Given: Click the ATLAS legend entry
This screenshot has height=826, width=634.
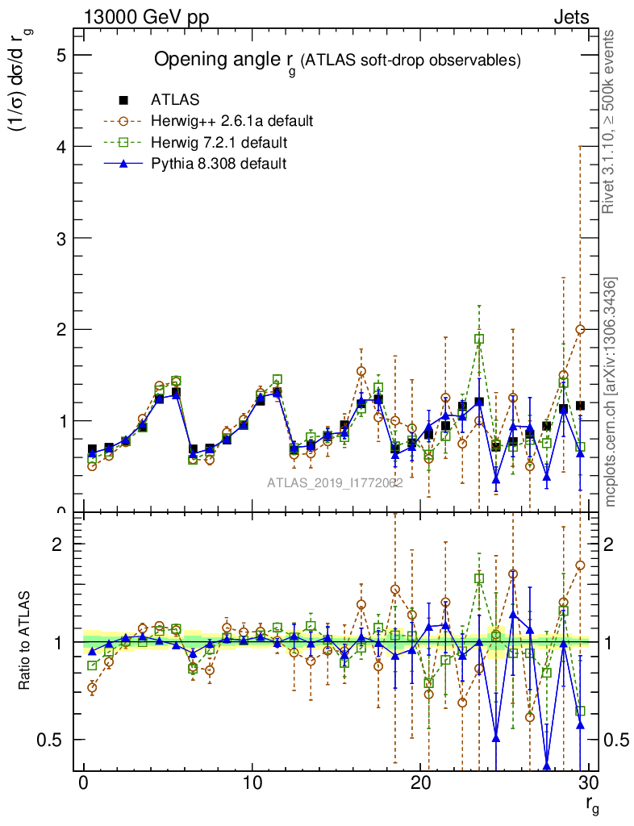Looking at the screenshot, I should [x=174, y=100].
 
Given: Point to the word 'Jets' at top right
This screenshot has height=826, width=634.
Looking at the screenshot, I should [x=570, y=18].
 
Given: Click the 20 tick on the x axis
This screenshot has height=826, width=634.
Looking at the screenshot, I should [x=419, y=782].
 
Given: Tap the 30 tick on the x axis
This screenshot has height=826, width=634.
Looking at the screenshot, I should [x=588, y=782].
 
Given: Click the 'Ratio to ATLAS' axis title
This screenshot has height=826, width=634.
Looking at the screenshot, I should [x=25, y=642].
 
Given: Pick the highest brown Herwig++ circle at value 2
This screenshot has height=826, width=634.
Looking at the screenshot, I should [x=580, y=329].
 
